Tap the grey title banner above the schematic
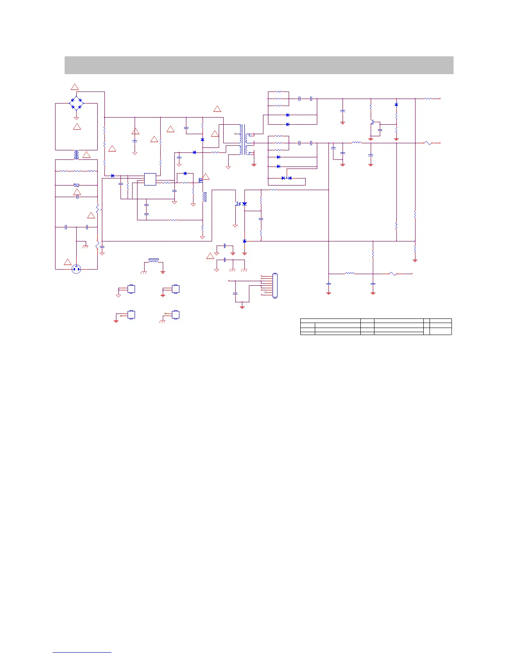point(259,65)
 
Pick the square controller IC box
point(150,179)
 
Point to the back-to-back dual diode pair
point(286,178)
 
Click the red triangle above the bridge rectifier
point(75,87)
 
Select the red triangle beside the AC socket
point(68,262)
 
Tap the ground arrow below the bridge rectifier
point(76,118)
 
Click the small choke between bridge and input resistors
point(76,154)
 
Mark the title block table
point(376,326)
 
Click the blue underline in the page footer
point(82,652)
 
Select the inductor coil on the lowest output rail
point(350,273)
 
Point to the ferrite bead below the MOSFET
point(204,197)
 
